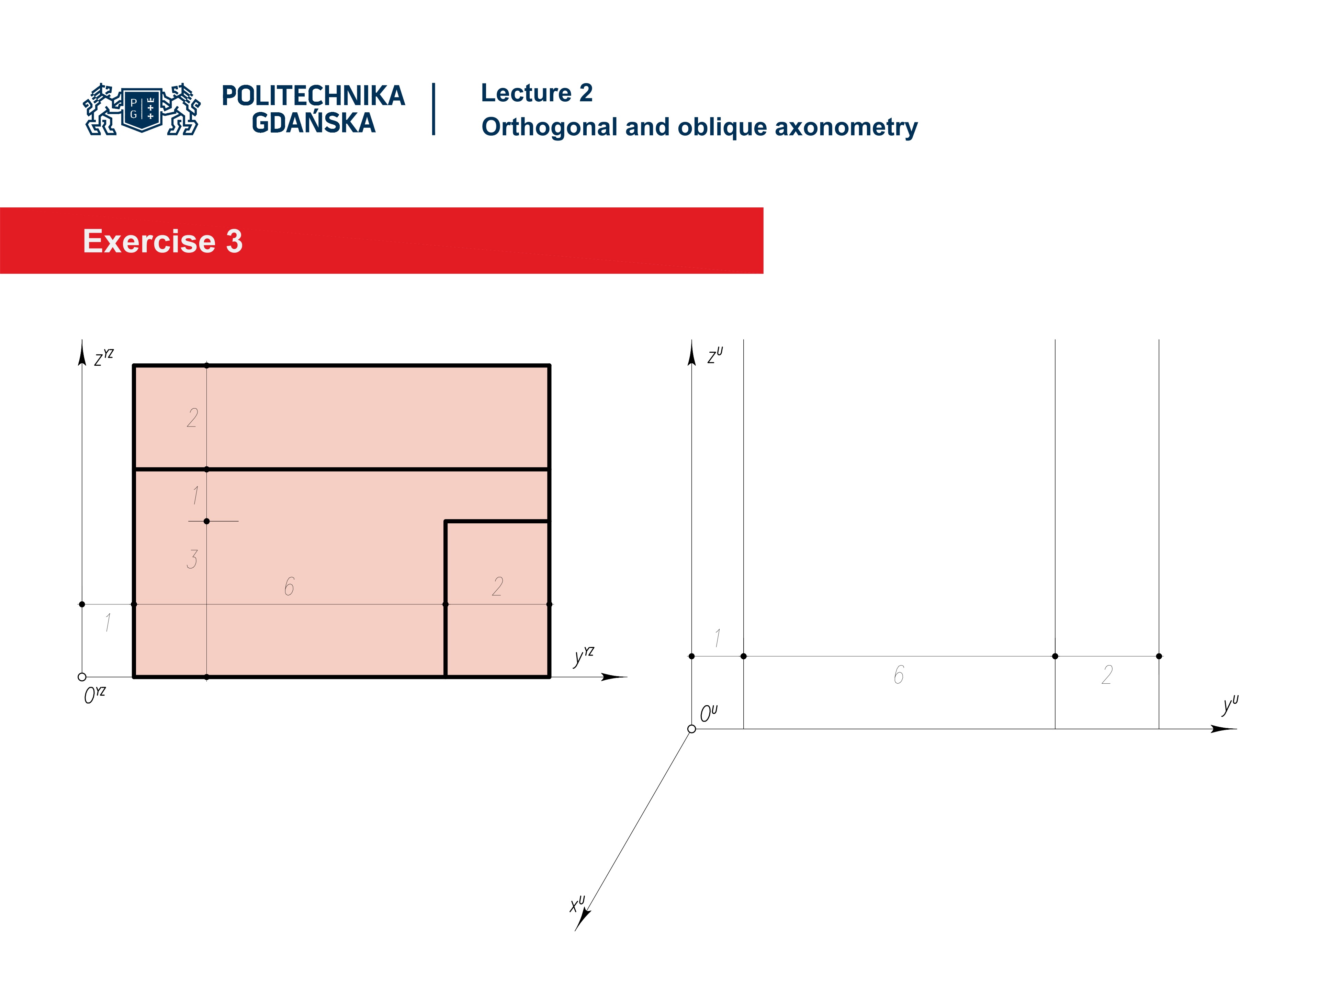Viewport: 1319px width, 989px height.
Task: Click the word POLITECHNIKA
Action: pyautogui.click(x=313, y=96)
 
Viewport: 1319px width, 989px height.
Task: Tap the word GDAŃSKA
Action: pyautogui.click(x=313, y=123)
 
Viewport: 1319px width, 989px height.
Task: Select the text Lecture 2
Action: pyautogui.click(x=536, y=93)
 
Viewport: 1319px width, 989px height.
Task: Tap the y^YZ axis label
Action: pyautogui.click(x=583, y=656)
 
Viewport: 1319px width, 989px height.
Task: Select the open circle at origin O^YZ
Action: pyautogui.click(x=82, y=677)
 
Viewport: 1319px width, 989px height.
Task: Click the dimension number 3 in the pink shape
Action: pyautogui.click(x=192, y=559)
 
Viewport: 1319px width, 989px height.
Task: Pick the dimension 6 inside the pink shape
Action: pyautogui.click(x=289, y=587)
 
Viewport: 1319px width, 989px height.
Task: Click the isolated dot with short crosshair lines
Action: pyautogui.click(x=207, y=521)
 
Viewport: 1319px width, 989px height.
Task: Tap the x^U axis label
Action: pyautogui.click(x=577, y=904)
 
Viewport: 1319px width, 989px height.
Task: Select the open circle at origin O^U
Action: pyautogui.click(x=692, y=728)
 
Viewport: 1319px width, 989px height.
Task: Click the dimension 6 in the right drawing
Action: pyautogui.click(x=899, y=675)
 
